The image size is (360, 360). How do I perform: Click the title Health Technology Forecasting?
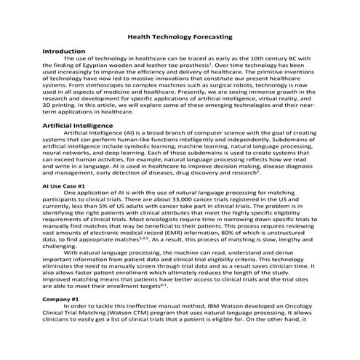coord(180,35)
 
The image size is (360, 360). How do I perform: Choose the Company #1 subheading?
coord(60,299)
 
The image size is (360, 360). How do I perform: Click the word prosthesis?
coord(199,66)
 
